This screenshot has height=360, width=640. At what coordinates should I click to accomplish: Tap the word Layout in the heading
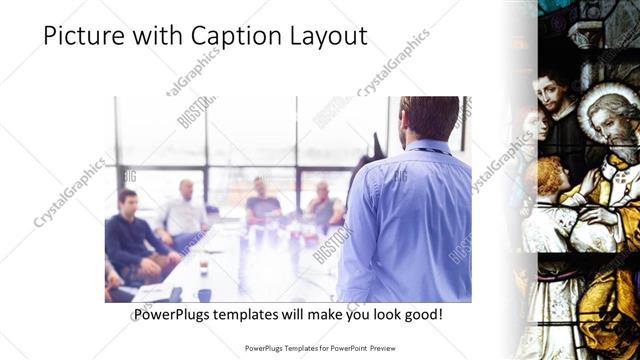[324, 36]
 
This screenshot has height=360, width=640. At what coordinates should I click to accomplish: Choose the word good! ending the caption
[421, 315]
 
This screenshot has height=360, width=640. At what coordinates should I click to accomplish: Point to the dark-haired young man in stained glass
[552, 94]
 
